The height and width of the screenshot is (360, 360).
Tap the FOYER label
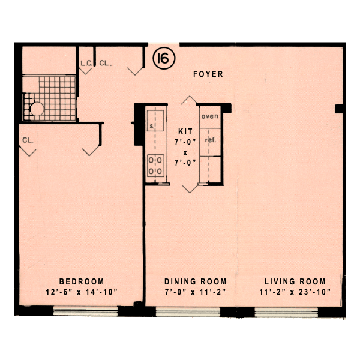point(208,74)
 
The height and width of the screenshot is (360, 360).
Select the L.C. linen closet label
point(85,62)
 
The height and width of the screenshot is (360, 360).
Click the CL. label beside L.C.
point(106,62)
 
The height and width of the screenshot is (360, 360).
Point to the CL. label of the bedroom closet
point(27,140)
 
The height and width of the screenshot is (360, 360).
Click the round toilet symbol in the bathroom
point(37,109)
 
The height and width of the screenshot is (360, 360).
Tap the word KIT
point(185,130)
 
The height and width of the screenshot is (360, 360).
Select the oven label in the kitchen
point(210,116)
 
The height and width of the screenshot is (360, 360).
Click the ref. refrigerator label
point(210,140)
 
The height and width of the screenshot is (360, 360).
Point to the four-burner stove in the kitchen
point(157,166)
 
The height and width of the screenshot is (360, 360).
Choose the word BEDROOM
point(81,281)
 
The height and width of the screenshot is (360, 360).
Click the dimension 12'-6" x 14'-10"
point(81,292)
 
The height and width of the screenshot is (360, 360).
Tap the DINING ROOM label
point(196,281)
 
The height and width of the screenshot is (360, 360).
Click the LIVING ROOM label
point(295,281)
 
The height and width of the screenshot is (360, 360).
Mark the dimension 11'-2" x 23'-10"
point(295,292)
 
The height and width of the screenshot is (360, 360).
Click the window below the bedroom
point(85,311)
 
